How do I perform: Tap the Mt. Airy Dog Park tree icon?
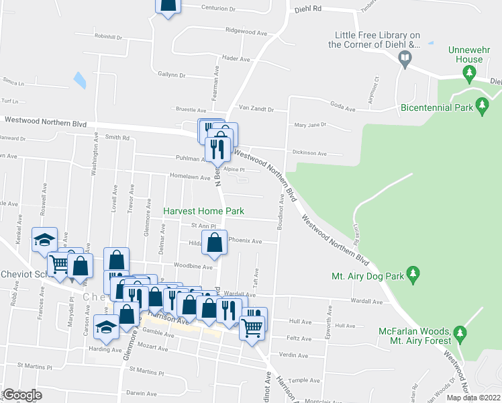point(414,274)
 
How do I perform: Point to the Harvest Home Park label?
point(204,210)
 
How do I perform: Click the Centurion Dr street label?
point(219,9)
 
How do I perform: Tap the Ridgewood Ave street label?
point(246,31)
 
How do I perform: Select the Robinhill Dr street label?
point(109,37)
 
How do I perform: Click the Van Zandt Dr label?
point(257,108)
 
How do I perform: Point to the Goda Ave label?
point(342,105)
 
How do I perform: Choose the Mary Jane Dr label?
point(310,124)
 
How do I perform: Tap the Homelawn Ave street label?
point(186,176)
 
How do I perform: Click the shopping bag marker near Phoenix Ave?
point(213,244)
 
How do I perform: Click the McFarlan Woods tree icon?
point(460,332)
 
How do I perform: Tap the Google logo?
point(22,395)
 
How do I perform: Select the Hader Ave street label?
point(236,58)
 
